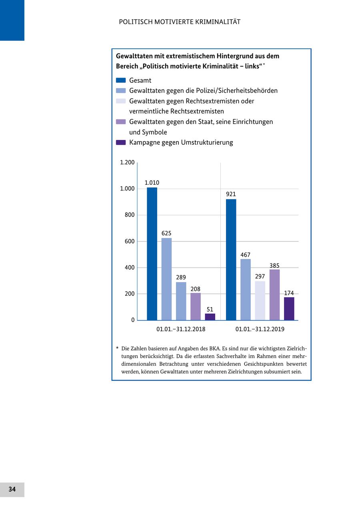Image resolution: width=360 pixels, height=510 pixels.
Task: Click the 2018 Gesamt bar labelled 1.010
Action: point(152,254)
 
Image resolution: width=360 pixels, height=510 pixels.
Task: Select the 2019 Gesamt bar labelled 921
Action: point(231,260)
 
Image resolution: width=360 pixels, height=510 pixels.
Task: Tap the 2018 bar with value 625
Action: point(166,279)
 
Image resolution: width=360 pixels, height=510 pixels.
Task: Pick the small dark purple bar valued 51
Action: point(210,317)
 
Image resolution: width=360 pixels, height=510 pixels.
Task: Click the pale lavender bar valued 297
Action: point(260,301)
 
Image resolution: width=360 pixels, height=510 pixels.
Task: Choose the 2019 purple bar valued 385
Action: point(274,295)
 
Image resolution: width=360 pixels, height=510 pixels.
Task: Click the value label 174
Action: point(289,293)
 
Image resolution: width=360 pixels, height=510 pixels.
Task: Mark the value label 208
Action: point(195,289)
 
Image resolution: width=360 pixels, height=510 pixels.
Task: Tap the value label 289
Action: point(181,277)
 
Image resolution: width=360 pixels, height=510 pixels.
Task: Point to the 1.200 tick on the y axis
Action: point(127,162)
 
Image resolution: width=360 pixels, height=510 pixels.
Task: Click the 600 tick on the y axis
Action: point(130,241)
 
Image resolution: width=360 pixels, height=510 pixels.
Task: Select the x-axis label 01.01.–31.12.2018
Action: point(181,329)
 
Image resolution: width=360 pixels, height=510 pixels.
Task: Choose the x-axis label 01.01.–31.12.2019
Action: point(260,329)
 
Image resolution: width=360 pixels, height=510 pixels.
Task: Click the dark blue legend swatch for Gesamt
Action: point(121,80)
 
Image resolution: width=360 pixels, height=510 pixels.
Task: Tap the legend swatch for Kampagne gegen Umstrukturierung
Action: point(121,143)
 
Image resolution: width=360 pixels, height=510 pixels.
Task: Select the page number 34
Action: point(12,489)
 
